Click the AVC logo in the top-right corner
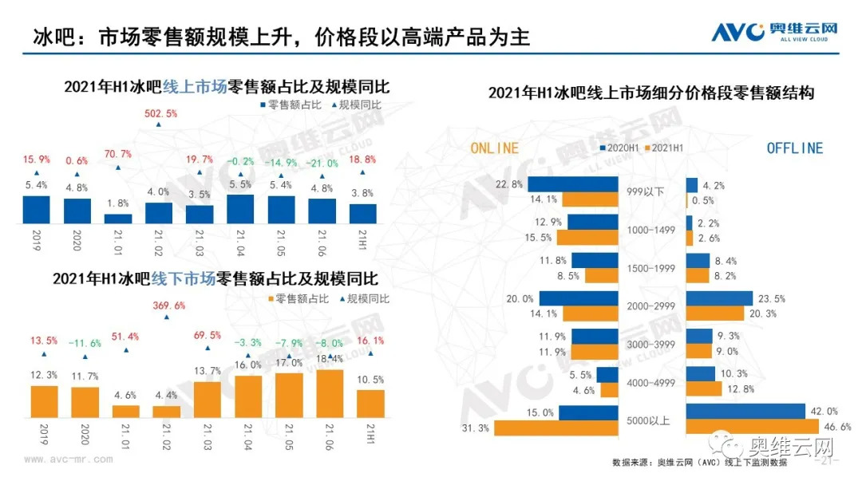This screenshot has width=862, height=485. click(774, 32)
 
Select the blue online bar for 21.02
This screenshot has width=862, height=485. click(159, 213)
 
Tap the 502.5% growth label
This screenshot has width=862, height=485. click(160, 113)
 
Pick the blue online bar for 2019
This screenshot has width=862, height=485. click(36, 209)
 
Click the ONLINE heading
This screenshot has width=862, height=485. click(495, 148)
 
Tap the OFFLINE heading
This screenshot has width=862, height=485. click(794, 148)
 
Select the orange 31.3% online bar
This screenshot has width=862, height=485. click(556, 428)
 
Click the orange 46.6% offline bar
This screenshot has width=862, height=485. click(753, 428)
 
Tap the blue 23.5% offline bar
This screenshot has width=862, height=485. click(719, 298)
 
